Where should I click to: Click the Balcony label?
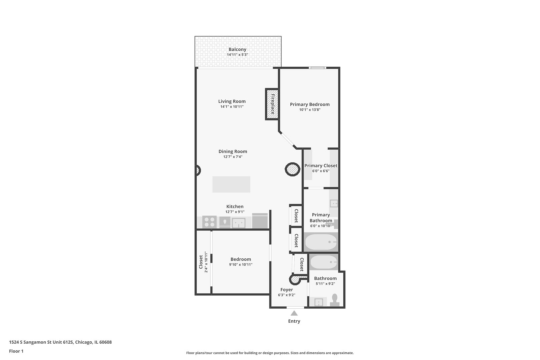click(x=237, y=49)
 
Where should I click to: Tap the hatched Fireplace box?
click(x=272, y=104)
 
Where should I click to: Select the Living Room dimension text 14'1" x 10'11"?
click(x=232, y=107)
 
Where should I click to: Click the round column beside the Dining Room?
click(x=292, y=169)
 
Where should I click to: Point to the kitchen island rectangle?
click(x=231, y=184)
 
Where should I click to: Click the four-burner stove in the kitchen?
click(x=209, y=222)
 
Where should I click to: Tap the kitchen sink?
click(x=238, y=222)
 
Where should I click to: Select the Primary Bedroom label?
click(x=310, y=104)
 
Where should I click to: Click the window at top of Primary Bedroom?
click(x=317, y=68)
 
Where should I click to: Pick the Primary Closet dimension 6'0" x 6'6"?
click(x=321, y=171)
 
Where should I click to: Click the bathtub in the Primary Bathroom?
click(x=321, y=242)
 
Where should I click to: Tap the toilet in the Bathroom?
click(x=335, y=300)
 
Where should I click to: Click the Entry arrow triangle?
click(x=294, y=313)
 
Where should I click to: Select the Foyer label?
click(x=286, y=290)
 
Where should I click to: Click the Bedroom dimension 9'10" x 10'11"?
click(x=241, y=265)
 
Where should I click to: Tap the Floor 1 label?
click(x=16, y=351)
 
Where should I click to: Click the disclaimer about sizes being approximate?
click(x=270, y=353)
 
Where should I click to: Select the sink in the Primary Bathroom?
click(x=334, y=203)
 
